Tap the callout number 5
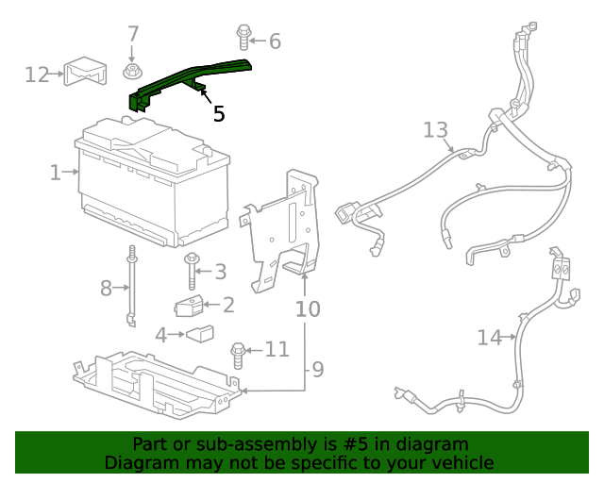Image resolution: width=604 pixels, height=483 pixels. pos(219,114)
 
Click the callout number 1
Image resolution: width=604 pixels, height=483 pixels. pos(55,173)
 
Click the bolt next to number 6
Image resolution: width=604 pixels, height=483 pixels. pos(244,38)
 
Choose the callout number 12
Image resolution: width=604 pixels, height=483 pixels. pos(37,74)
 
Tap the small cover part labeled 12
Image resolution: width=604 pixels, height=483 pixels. pos(83,72)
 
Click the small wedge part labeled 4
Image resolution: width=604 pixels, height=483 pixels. pos(199,333)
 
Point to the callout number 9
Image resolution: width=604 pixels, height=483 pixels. pos(318,368)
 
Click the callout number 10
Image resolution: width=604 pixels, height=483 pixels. pos(308,308)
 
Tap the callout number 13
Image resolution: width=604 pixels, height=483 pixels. pos(435,129)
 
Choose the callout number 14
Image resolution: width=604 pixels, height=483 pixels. pos(490,337)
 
